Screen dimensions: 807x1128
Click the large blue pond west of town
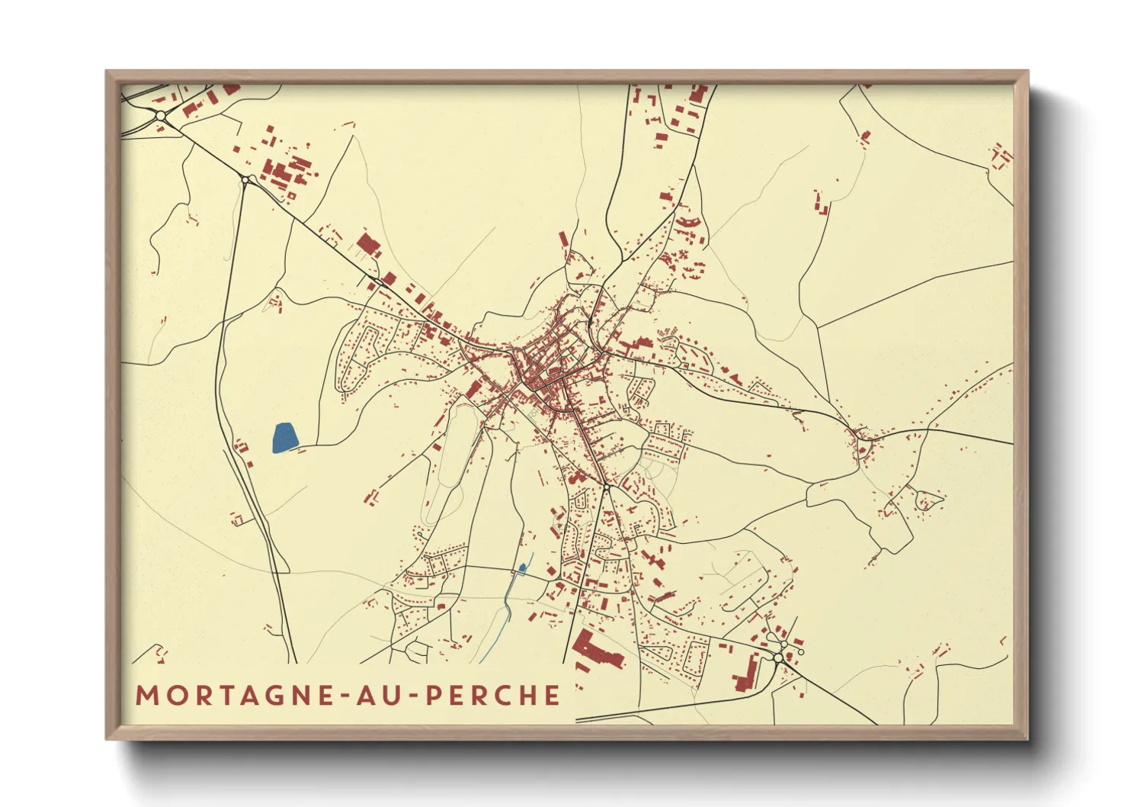point(284,438)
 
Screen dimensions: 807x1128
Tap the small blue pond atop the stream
point(522,567)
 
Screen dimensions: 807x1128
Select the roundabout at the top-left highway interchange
point(161,115)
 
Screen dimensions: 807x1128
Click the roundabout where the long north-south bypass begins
point(247,180)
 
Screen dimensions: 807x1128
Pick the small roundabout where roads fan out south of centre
point(606,485)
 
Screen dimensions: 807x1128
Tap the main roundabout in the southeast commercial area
point(778,656)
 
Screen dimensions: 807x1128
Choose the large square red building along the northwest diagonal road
point(368,245)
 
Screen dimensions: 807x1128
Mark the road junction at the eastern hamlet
point(863,438)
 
